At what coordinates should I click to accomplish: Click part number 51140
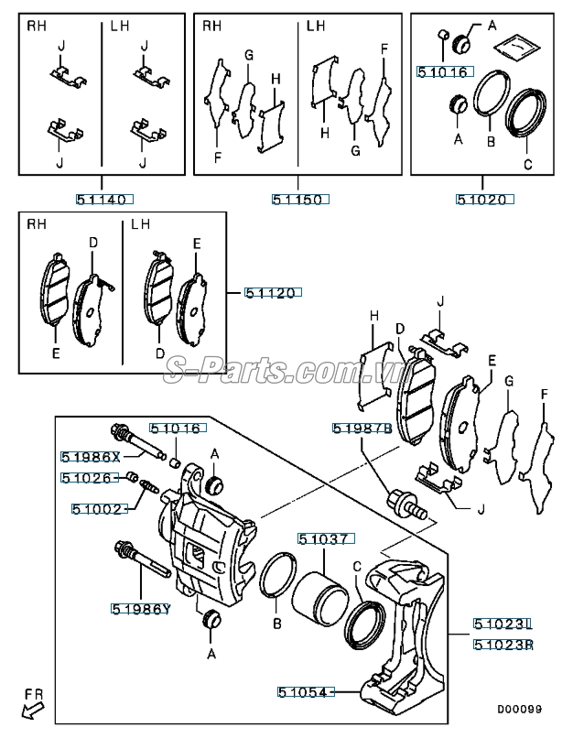tap(105, 199)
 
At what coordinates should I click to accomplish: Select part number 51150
tap(300, 199)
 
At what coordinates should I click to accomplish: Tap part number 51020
tap(484, 200)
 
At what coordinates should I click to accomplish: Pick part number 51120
tap(273, 293)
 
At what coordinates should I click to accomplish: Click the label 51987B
tap(362, 429)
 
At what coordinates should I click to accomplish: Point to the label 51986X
tap(91, 457)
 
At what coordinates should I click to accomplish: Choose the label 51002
tap(100, 509)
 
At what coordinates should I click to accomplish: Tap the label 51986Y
tap(141, 609)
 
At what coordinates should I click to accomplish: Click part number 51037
tap(326, 538)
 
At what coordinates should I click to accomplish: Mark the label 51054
tap(306, 692)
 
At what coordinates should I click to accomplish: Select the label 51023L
tap(503, 624)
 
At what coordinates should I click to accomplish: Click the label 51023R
tap(503, 645)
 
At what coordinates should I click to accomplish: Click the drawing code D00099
tap(519, 709)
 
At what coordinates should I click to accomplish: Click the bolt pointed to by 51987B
tap(407, 505)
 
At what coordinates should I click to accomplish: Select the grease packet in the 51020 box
tap(516, 46)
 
